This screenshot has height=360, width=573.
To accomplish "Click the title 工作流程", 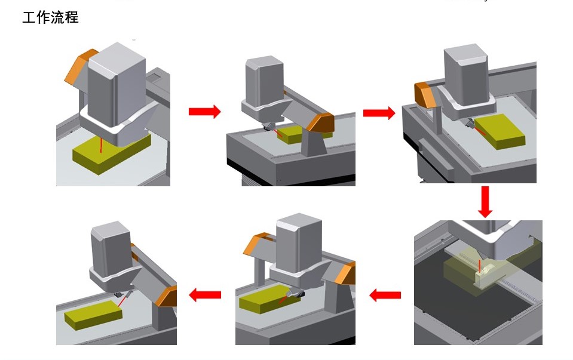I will pyautogui.click(x=50, y=17).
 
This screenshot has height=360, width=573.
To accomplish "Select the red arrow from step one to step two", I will pyautogui.click(x=204, y=112).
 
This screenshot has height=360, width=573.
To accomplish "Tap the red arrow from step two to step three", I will pyautogui.click(x=379, y=112).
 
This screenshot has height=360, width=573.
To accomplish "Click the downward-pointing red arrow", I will pyautogui.click(x=485, y=202).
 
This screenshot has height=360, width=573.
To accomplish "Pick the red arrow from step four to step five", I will pyautogui.click(x=385, y=294).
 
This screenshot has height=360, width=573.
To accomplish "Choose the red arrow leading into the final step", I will pyautogui.click(x=205, y=294).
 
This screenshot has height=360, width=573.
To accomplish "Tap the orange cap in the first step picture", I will pyautogui.click(x=79, y=67).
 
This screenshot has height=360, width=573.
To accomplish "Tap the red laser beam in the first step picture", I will pyautogui.click(x=102, y=144).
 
